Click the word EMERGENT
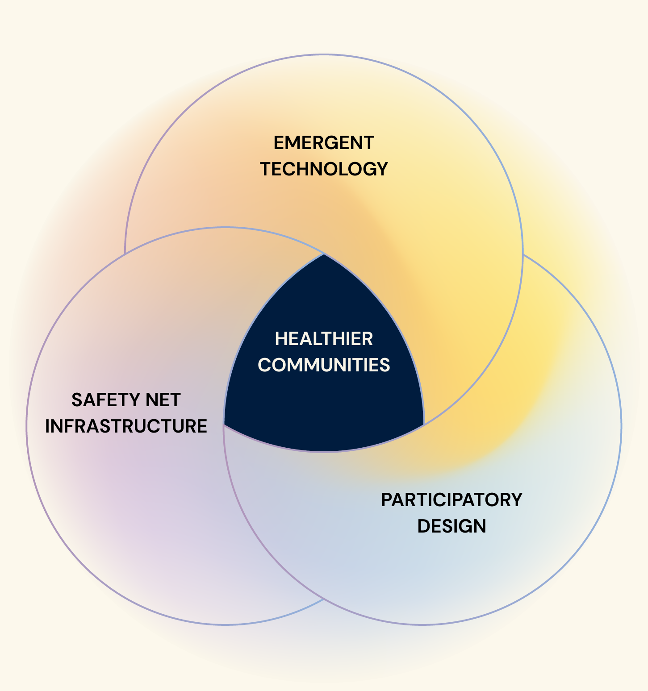(x=324, y=143)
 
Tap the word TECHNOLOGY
(x=324, y=169)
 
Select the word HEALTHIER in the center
(x=324, y=339)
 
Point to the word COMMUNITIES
(x=324, y=365)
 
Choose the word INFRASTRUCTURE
(x=126, y=426)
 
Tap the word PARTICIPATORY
(x=452, y=500)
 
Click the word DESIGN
(x=452, y=526)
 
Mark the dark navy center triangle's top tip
(x=324, y=254)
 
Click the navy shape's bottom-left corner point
(x=224, y=425)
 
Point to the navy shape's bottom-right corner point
(x=423, y=425)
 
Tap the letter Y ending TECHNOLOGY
(x=382, y=169)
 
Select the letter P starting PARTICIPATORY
(x=387, y=500)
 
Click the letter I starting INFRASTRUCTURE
(x=47, y=426)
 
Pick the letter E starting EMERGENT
(x=279, y=143)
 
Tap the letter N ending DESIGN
(x=480, y=526)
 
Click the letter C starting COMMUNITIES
(x=264, y=365)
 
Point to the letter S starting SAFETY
(x=77, y=400)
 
